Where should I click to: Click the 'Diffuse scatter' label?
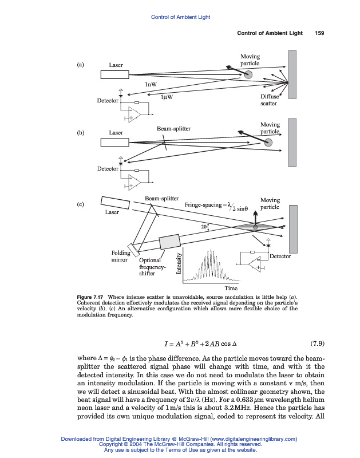coord(268,100)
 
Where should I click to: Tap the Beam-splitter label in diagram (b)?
coord(173,129)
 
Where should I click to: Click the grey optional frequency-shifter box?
coord(169,242)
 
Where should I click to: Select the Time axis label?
coord(231,288)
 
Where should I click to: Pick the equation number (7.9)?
coord(317,344)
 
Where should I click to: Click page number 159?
coord(319,33)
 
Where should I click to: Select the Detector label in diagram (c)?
coord(280,256)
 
